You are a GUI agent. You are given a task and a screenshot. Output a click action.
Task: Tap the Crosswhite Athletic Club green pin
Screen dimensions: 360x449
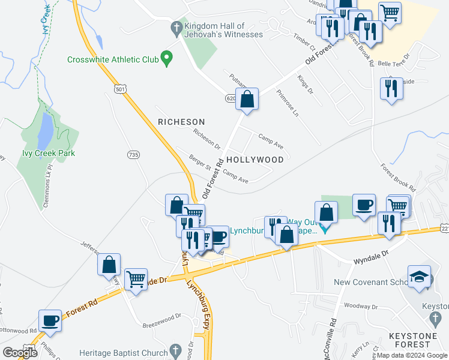(x=167, y=59)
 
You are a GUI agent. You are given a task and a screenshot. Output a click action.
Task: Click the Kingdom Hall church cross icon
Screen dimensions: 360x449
(x=176, y=28)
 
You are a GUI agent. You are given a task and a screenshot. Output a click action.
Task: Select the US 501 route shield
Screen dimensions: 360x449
(x=121, y=89)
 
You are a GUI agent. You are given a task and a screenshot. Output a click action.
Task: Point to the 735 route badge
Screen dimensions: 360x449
(x=133, y=155)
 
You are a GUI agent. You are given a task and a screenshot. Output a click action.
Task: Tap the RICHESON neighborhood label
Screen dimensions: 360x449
(x=181, y=122)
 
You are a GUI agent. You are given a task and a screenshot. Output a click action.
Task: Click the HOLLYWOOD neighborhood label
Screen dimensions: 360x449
(x=255, y=160)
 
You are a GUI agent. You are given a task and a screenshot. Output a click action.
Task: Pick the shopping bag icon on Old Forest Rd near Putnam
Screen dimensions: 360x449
(x=247, y=100)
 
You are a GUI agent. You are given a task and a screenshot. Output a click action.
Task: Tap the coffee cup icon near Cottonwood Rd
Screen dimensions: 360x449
(x=49, y=320)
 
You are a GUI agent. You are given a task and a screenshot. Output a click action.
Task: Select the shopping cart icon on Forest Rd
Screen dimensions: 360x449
(x=136, y=278)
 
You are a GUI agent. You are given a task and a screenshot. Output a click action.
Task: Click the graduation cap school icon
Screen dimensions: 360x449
(x=418, y=277)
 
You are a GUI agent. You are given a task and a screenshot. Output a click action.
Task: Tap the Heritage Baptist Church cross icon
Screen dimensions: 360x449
(x=175, y=350)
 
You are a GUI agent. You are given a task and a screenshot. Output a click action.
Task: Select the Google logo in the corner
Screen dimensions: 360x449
(x=20, y=353)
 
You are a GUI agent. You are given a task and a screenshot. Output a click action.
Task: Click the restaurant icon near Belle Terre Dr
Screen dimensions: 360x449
(x=391, y=89)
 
